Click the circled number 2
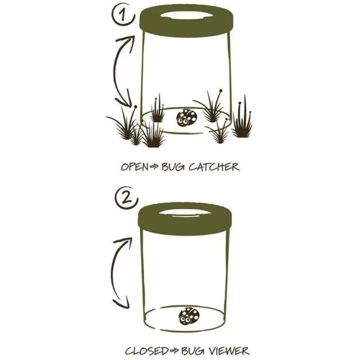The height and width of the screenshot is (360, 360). coord(126,198)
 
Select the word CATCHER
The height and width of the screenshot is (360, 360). coord(214,166)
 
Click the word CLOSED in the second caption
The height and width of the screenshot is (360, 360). coord(147,351)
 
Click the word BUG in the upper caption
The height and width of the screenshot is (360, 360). coord(173,167)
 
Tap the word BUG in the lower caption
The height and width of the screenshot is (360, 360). coord(193,351)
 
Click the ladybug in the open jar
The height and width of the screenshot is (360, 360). coord(187,117)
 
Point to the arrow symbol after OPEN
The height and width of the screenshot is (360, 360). coord(154,167)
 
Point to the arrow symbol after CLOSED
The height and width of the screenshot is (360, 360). coord(174,351)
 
